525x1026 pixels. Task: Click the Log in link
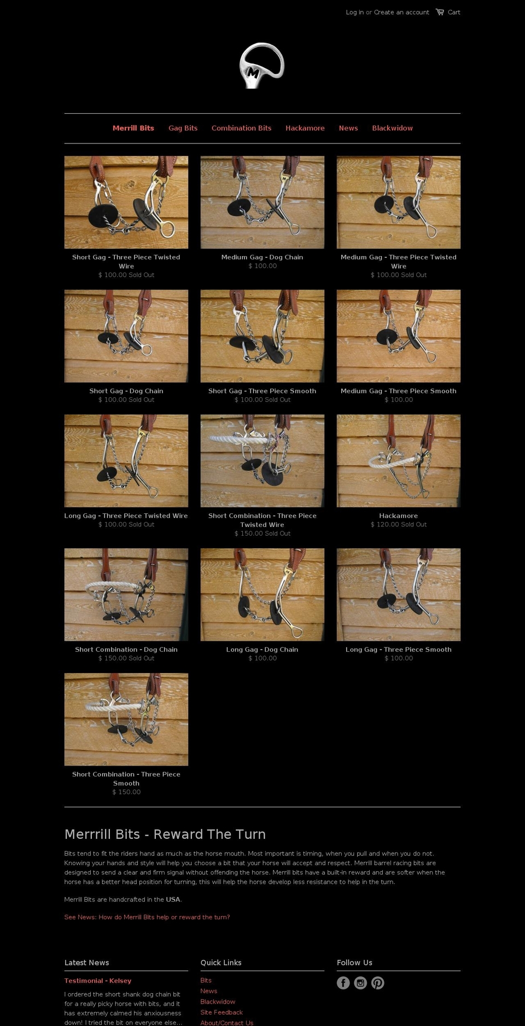point(354,12)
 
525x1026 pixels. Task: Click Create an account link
point(401,12)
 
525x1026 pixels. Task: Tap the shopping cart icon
point(440,12)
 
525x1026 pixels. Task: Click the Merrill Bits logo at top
point(262,66)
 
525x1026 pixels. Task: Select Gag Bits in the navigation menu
point(183,128)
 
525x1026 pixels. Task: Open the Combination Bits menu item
point(241,128)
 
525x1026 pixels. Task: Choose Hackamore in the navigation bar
point(305,128)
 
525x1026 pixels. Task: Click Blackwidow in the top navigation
point(392,128)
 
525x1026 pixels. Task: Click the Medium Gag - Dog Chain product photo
point(262,202)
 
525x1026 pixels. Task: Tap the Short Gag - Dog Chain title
point(126,391)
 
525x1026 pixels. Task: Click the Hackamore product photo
point(398,460)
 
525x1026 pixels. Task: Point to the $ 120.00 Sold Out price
point(398,524)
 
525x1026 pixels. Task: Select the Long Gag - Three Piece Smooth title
point(398,650)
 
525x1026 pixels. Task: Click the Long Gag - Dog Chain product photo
point(262,594)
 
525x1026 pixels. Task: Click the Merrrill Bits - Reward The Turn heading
point(165,834)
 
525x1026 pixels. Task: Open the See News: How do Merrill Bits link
point(147,917)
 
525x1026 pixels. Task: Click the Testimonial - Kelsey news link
point(98,981)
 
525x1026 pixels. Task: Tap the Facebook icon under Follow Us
point(343,983)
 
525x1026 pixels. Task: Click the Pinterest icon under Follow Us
point(377,983)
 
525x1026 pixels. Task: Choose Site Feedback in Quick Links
point(221,1012)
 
